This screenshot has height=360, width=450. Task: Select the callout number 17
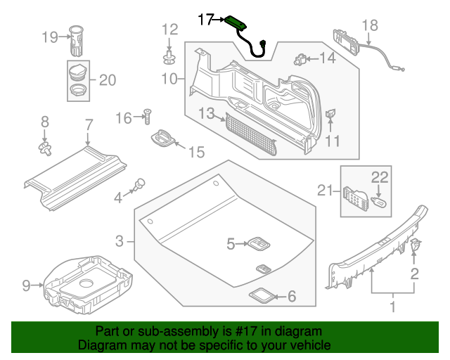pos(205,20)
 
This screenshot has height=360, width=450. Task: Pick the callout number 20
pos(106,80)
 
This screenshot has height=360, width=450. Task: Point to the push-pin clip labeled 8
pos(46,146)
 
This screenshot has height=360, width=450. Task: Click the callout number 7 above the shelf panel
pos(89,125)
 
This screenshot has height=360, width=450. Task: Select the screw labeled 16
pos(148,115)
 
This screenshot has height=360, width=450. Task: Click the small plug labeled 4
pos(139,184)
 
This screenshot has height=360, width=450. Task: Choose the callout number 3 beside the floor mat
pos(120,241)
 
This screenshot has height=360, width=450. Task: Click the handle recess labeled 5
pos(257,243)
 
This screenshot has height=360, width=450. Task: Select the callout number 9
pos(26,285)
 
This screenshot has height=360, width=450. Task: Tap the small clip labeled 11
pos(330,113)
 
